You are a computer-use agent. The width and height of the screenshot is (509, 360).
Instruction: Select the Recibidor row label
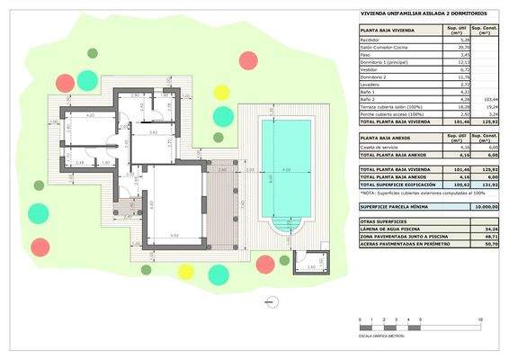370,40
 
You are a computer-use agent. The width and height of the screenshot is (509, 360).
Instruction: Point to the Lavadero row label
369,84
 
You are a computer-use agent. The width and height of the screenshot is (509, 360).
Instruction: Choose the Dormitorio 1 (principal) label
380,62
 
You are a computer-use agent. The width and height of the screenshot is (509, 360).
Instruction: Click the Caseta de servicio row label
377,148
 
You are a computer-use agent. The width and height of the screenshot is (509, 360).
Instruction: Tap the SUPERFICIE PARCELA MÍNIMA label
395,207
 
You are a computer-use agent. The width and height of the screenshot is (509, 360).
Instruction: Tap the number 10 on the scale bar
481,320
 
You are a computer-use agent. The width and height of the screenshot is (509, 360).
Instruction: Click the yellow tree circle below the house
185,271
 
